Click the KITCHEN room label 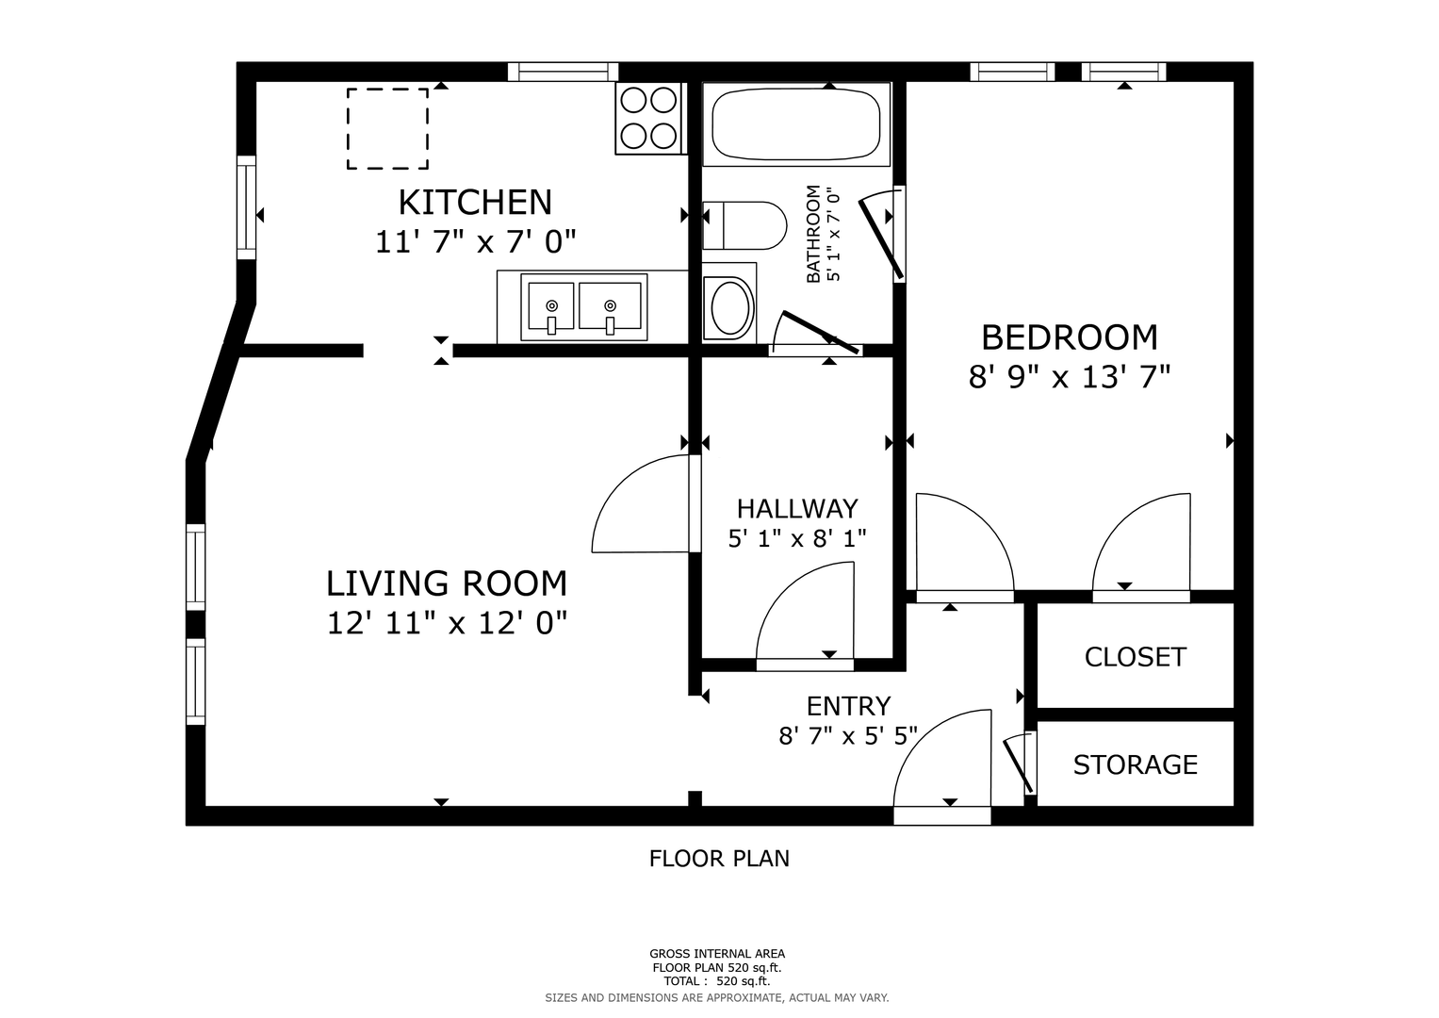pyautogui.click(x=475, y=203)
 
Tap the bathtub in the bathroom pyautogui.click(x=795, y=124)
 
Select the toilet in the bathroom pyautogui.click(x=744, y=225)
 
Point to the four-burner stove pyautogui.click(x=648, y=118)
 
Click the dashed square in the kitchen pyautogui.click(x=387, y=128)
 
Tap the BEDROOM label pyautogui.click(x=1070, y=338)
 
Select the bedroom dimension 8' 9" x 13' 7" pyautogui.click(x=1070, y=377)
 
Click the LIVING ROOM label pyautogui.click(x=447, y=583)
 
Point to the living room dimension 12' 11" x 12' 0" pyautogui.click(x=447, y=623)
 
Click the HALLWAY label pyautogui.click(x=797, y=509)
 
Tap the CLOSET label pyautogui.click(x=1136, y=657)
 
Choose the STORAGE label pyautogui.click(x=1136, y=764)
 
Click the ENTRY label pyautogui.click(x=849, y=706)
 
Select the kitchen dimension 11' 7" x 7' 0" pyautogui.click(x=475, y=242)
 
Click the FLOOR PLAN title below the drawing pyautogui.click(x=719, y=859)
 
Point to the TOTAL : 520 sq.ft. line pyautogui.click(x=717, y=981)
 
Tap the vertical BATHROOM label pyautogui.click(x=813, y=234)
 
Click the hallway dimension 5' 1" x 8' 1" pyautogui.click(x=797, y=538)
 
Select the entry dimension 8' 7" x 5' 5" pyautogui.click(x=848, y=735)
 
